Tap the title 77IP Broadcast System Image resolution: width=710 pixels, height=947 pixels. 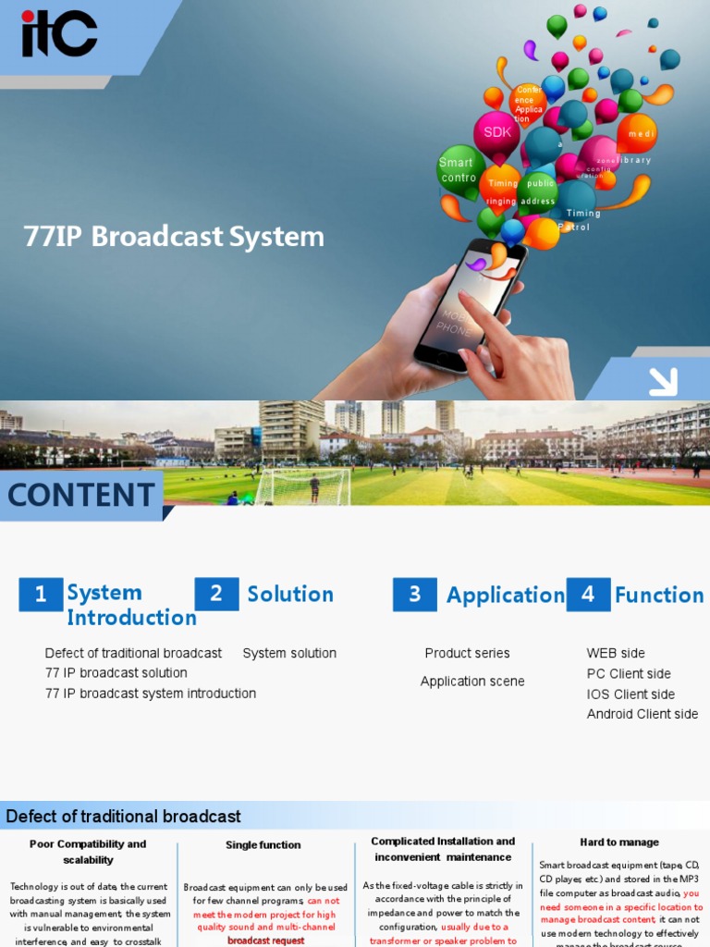pos(174,237)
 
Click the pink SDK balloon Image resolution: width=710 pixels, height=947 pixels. pos(497,133)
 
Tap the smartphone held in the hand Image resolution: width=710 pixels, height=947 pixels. pos(468,305)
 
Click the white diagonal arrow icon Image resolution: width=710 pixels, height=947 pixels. pos(663,381)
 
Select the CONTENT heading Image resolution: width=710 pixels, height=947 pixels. pos(81,496)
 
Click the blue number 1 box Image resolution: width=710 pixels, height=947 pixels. pos(41,595)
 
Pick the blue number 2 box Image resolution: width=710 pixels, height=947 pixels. pos(216,594)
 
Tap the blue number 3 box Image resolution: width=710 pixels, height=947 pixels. pos(414,595)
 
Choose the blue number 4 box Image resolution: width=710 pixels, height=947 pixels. pos(588,595)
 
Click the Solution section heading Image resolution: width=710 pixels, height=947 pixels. pos(290,594)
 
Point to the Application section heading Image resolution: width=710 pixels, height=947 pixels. pos(505,596)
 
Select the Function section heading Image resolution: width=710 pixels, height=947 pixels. pos(659,596)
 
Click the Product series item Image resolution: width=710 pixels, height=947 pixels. pos(467,653)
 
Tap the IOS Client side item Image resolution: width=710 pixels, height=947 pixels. pos(630,694)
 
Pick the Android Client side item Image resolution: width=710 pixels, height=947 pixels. pos(643,714)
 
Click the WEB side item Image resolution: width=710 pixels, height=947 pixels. pos(616,653)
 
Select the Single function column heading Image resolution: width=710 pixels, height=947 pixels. pos(263,844)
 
